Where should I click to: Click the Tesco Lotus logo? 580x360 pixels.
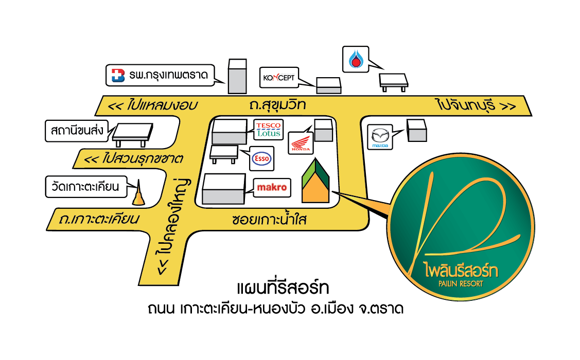coord(268,130)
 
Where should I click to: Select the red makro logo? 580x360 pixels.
coord(272,188)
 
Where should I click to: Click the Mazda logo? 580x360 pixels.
coord(380,137)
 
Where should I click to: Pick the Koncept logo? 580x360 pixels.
coord(278,78)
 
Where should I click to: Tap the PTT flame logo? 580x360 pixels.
coord(356,59)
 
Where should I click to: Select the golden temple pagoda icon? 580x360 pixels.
coord(138,195)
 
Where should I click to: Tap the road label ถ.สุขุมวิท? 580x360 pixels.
coord(275,106)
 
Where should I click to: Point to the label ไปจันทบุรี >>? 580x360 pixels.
coord(475,106)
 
